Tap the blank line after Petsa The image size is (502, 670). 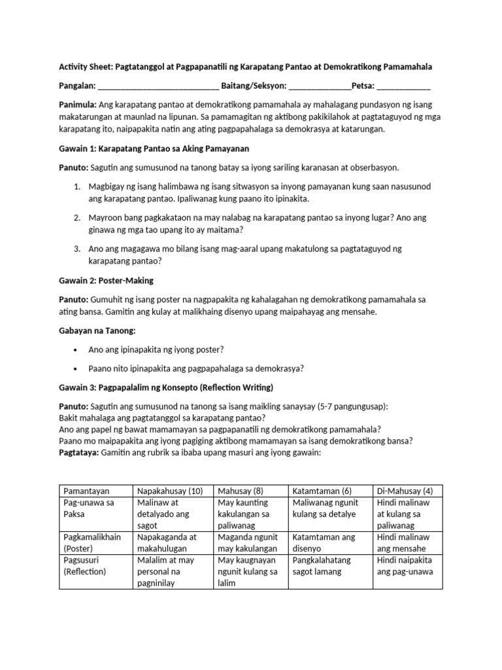point(403,86)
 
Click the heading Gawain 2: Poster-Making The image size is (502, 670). point(106,280)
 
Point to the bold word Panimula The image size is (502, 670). point(78,105)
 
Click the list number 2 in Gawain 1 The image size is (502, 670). point(76,217)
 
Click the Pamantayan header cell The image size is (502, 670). point(86,491)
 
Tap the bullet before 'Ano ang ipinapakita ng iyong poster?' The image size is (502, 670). point(76,349)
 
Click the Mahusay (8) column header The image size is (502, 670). point(241,491)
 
